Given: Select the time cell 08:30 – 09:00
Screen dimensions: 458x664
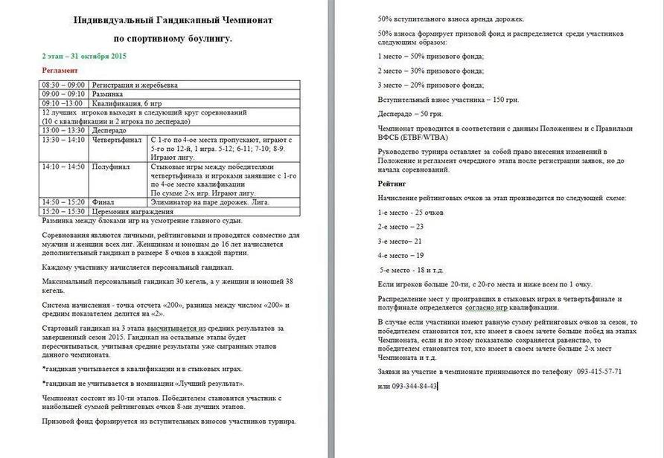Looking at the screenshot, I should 63,86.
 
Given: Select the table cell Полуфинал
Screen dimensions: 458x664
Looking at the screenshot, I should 111,167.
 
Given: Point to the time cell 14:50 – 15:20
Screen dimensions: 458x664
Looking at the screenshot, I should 63,201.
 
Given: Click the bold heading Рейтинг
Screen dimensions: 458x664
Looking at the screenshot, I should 392,182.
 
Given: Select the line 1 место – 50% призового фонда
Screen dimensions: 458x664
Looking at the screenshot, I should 430,57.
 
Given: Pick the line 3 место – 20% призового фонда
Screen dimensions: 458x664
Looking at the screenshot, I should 430,85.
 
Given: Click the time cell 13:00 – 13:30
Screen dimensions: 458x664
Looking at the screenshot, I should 63,130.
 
